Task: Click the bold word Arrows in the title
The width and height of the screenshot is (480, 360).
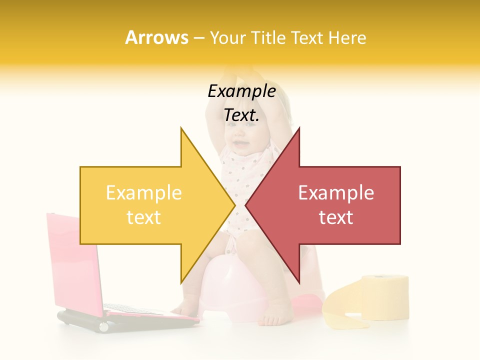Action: (157, 37)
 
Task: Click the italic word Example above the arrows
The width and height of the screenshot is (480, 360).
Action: (241, 91)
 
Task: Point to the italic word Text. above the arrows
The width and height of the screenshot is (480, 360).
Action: (241, 115)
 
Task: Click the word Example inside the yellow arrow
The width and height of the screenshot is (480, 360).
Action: (143, 193)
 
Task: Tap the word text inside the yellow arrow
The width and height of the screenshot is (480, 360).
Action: (143, 217)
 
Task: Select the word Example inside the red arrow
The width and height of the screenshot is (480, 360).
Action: (336, 193)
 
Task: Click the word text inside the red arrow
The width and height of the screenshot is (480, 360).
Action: (336, 217)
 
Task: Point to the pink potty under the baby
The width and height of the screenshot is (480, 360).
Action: (230, 290)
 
